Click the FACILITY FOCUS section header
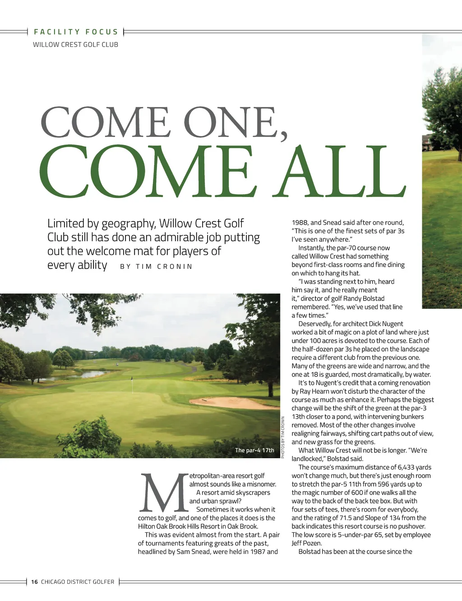pos(76,32)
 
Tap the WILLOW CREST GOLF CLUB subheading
pos(75,45)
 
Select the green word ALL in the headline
pos(342,172)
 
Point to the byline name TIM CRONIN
pos(164,267)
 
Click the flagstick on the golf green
pos(132,384)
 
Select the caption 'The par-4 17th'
pos(254,451)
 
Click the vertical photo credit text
pos(283,437)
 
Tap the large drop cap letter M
pos(163,493)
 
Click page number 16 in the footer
pos(34,582)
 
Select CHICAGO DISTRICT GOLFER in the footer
pos(78,582)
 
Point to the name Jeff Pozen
pos(307,543)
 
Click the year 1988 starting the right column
pos(300,222)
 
